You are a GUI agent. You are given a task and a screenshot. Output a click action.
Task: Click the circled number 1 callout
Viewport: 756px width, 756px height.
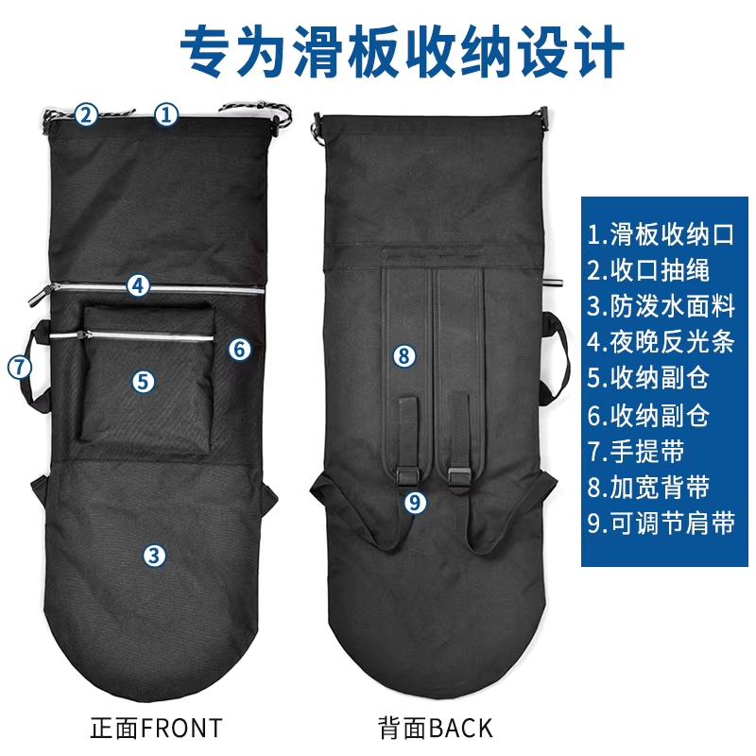click(x=166, y=114)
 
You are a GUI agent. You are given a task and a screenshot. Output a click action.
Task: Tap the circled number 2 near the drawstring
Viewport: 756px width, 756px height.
click(x=86, y=114)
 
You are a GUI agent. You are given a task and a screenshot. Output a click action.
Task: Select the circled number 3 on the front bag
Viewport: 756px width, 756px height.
click(x=154, y=555)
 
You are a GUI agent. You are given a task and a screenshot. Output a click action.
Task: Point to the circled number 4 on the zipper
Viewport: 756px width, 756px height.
click(x=138, y=286)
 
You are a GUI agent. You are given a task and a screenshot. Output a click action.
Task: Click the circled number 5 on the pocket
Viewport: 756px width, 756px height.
click(x=144, y=382)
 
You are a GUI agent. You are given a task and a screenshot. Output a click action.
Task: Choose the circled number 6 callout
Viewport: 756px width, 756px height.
click(x=240, y=349)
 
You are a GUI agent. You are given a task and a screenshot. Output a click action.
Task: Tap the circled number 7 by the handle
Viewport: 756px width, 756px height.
click(x=19, y=367)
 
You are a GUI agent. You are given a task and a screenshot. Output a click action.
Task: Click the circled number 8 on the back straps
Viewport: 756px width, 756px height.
click(x=404, y=356)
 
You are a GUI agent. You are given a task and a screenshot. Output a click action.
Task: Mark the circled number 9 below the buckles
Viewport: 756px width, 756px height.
click(x=415, y=503)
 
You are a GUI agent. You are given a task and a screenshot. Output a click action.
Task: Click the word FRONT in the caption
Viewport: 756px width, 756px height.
click(x=182, y=728)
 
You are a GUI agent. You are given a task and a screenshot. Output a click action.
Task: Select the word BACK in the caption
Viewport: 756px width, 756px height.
click(x=461, y=728)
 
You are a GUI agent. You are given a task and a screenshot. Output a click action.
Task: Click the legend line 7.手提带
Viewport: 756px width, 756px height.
click(x=636, y=452)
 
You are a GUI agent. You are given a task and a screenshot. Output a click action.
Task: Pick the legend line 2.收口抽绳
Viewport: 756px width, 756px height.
click(x=648, y=270)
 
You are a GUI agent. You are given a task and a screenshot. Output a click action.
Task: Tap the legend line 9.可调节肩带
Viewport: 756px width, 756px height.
click(x=661, y=524)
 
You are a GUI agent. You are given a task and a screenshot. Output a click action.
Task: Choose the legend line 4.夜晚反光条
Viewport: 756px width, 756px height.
click(x=661, y=342)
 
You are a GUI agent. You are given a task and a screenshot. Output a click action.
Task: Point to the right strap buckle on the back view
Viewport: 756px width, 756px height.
click(x=459, y=477)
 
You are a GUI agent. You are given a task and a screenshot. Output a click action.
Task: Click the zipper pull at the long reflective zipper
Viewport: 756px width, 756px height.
click(x=40, y=295)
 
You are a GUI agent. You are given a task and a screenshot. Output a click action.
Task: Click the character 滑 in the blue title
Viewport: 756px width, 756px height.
click(x=318, y=51)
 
